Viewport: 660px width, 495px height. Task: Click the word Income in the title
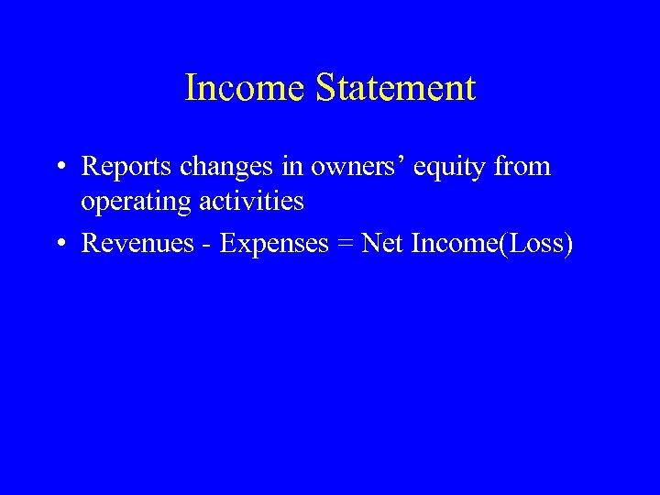[246, 88]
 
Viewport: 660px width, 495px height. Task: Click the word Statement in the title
[396, 88]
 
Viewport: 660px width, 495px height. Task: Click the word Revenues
[137, 244]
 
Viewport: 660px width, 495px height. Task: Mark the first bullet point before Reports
[59, 168]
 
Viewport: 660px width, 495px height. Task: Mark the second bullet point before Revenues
[59, 245]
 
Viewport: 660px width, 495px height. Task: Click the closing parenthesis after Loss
[568, 245]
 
